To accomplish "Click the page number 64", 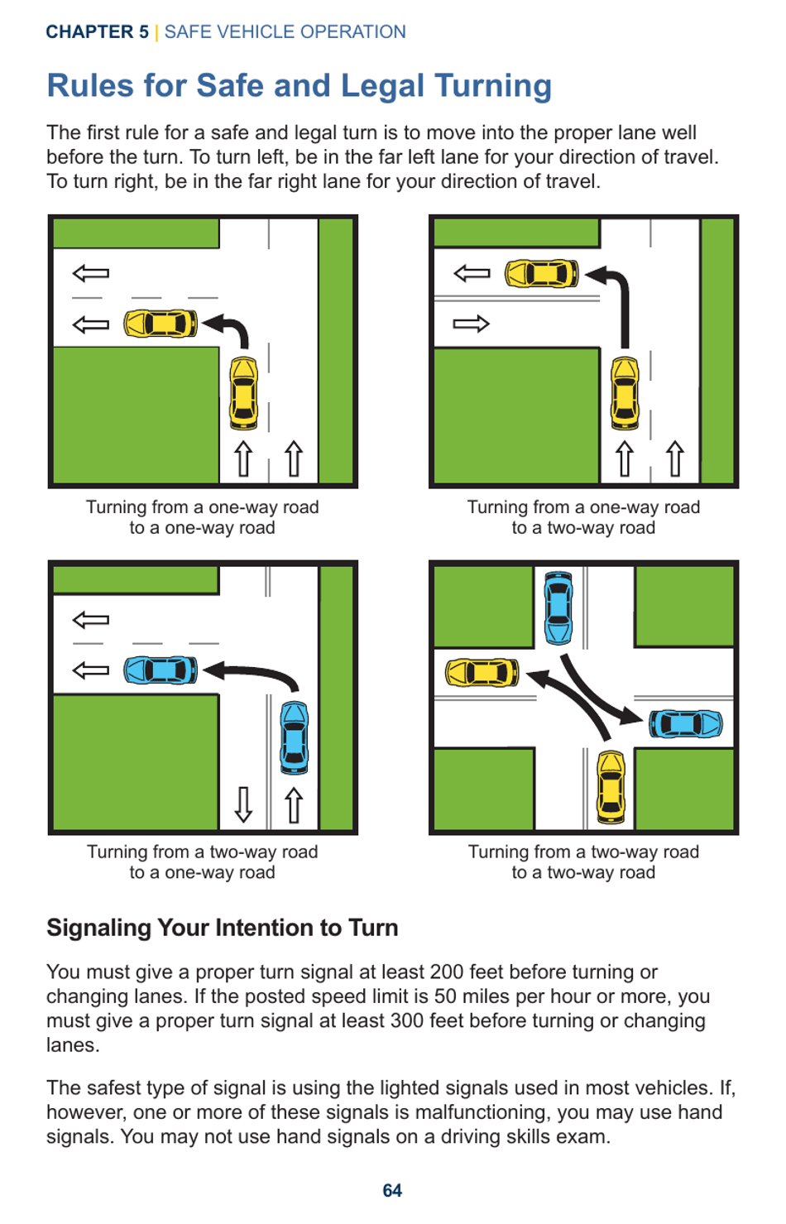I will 392,1190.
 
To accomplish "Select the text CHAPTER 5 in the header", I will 97,32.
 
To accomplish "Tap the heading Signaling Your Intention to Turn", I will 222,928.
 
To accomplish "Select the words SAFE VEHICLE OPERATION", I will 285,32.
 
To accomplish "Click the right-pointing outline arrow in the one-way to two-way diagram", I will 471,324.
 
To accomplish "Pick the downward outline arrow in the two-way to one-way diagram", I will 243,804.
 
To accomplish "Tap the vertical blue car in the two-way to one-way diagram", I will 294,737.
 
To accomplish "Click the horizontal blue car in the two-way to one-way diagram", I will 161,670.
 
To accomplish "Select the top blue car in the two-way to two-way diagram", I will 558,607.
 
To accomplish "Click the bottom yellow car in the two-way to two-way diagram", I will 611,787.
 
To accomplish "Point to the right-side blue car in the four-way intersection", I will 685,723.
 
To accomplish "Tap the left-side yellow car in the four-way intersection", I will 482,673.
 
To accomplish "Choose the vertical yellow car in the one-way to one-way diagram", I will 243,393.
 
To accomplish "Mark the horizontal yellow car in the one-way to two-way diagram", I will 541,273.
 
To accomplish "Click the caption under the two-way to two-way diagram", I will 583,862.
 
